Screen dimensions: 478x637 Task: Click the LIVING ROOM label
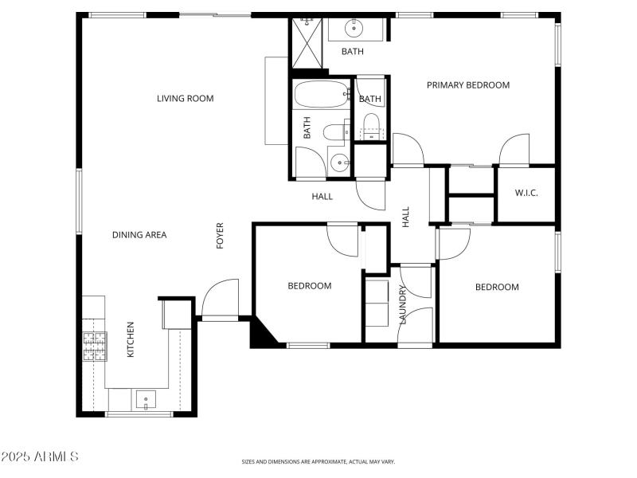click(185, 99)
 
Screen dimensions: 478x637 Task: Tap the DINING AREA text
click(139, 235)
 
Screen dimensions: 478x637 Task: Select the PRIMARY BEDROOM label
click(467, 85)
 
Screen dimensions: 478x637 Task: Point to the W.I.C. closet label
click(526, 192)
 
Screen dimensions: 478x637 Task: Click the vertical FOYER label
click(221, 236)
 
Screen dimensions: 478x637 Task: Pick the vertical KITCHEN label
click(131, 339)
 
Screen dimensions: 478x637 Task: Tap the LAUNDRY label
click(403, 306)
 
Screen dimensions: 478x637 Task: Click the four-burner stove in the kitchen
click(95, 346)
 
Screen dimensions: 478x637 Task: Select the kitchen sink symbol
click(146, 399)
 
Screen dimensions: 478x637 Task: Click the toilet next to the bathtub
click(334, 130)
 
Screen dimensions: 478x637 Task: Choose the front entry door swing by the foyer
click(219, 298)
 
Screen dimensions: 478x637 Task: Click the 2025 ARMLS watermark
click(40, 457)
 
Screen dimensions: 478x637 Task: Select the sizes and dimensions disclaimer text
click(318, 461)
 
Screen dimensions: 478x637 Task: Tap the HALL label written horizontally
click(322, 196)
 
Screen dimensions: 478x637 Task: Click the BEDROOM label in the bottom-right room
click(497, 288)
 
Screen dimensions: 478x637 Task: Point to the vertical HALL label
click(405, 217)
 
